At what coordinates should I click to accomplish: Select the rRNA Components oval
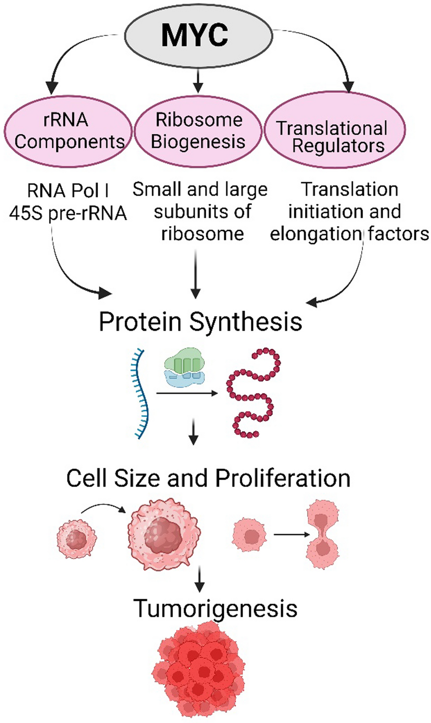click(x=68, y=131)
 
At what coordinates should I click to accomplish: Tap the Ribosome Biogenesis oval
click(x=198, y=131)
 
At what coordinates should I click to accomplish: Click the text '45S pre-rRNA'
click(x=68, y=213)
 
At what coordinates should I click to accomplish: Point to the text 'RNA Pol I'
click(x=68, y=191)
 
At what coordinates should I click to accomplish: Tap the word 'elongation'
click(x=316, y=234)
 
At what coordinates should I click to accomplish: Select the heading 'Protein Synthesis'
click(x=200, y=321)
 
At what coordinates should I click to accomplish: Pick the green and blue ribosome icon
click(x=185, y=367)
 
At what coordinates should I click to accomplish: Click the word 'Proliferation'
click(x=283, y=478)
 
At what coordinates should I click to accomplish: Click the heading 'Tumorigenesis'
click(x=215, y=609)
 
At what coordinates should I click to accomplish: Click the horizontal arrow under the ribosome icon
click(x=187, y=393)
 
